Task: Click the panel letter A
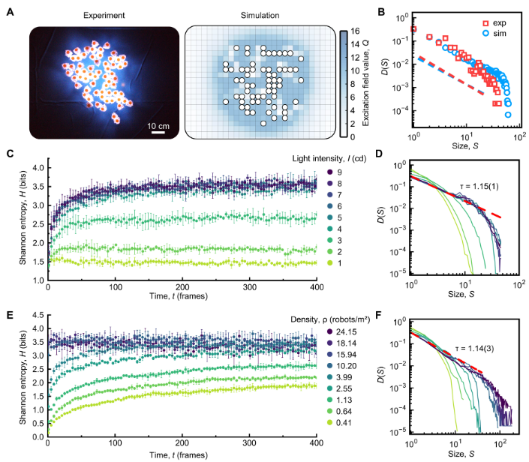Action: [x=10, y=12]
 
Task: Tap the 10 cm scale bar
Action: [x=158, y=132]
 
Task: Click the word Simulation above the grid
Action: [x=260, y=16]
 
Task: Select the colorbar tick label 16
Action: [x=355, y=31]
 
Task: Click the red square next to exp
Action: [x=485, y=23]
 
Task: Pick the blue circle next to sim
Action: [x=485, y=33]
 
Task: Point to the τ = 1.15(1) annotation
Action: [x=479, y=186]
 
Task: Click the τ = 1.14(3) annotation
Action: [x=474, y=348]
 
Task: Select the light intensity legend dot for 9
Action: [x=330, y=172]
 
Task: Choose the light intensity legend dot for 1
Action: [x=330, y=263]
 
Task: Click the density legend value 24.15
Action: [x=346, y=331]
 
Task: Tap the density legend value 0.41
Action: [x=344, y=422]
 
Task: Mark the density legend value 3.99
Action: [x=344, y=377]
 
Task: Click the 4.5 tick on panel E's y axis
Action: [x=38, y=315]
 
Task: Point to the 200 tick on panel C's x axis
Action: [x=182, y=287]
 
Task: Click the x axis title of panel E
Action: [x=179, y=455]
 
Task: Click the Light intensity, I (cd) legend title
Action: [x=329, y=158]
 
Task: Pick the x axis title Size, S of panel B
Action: [x=465, y=146]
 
